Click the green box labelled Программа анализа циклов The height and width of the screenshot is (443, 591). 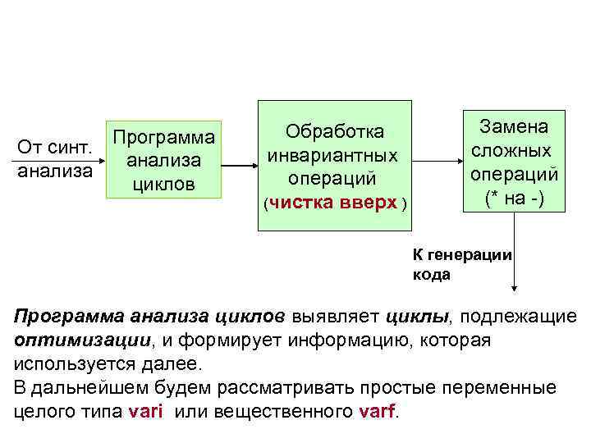[x=165, y=160]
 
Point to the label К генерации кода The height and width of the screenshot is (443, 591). [x=461, y=264]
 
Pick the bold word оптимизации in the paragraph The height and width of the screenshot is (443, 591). [x=71, y=340]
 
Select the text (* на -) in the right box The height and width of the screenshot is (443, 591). [x=514, y=197]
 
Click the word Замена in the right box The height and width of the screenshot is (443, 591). [x=514, y=128]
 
